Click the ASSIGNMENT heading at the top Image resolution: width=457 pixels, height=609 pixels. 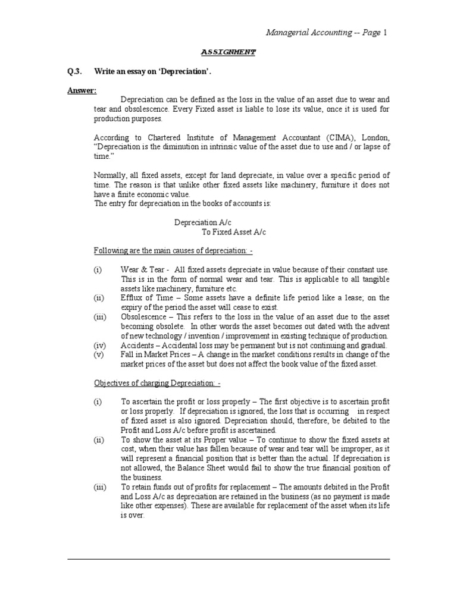tap(228, 52)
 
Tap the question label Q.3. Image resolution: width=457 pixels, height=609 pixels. tap(74, 71)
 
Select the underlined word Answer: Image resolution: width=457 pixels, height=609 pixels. tap(82, 90)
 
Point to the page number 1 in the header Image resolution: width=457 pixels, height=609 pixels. tap(385, 33)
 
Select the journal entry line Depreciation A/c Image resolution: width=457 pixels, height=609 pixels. tap(199, 222)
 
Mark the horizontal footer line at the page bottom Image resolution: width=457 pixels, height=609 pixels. tap(228, 559)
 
